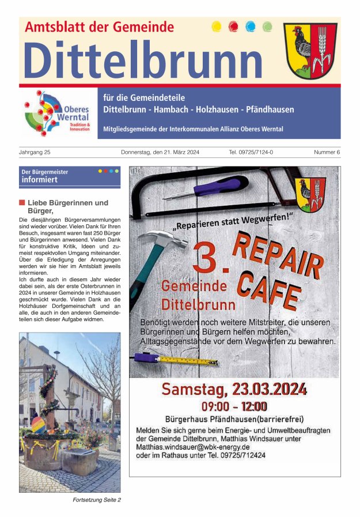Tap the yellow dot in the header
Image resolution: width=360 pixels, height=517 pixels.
(217, 26)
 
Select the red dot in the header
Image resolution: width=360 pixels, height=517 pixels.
(233, 26)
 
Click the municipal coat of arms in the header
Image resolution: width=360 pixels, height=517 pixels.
(310, 51)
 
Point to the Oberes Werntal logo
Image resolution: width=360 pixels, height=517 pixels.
(58, 113)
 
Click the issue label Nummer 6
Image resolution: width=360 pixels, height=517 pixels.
(327, 152)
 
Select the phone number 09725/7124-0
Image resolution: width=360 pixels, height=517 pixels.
(251, 152)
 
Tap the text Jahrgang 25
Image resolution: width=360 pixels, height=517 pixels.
(35, 152)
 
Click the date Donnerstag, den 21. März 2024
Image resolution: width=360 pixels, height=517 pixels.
(160, 152)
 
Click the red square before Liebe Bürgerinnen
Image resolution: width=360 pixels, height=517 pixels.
(22, 203)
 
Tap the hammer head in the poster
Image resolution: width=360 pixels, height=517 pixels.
(154, 238)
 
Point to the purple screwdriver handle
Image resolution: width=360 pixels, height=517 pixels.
(228, 185)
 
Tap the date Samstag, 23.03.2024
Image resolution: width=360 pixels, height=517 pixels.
(234, 389)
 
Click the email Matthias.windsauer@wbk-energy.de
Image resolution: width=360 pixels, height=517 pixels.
(192, 447)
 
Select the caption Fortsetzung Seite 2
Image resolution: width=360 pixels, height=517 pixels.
(97, 500)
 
